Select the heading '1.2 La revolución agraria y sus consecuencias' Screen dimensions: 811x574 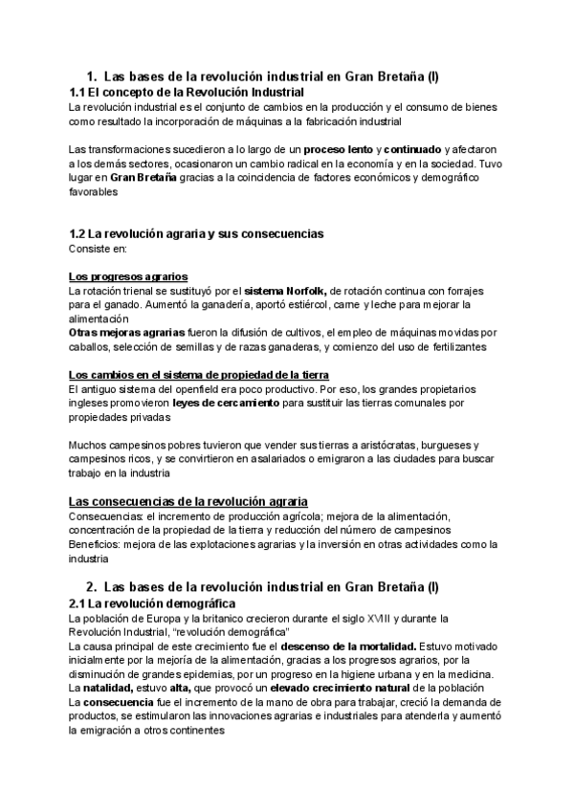point(196,233)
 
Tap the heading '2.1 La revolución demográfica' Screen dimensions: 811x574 point(152,604)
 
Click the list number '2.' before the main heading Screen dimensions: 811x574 point(92,586)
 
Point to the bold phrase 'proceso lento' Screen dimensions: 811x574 point(339,150)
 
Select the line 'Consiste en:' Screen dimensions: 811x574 point(98,249)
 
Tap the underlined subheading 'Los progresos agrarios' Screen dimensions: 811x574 point(128,276)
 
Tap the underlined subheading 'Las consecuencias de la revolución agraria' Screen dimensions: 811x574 point(188,501)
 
